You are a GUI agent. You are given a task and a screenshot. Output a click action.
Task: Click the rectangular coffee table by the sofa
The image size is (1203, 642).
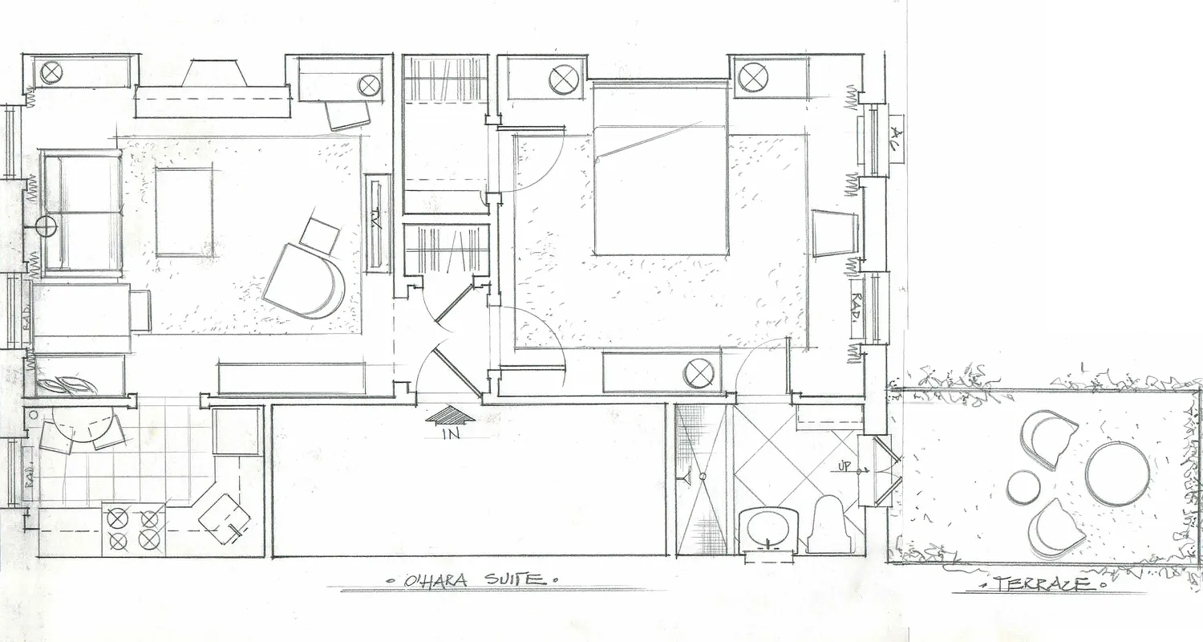[184, 212]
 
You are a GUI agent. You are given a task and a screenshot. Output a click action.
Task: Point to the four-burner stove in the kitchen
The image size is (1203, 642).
[134, 529]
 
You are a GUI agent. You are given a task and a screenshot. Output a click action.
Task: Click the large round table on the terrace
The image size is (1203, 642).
[1117, 473]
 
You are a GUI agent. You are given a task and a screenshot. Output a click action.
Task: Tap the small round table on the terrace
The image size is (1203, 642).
[1024, 486]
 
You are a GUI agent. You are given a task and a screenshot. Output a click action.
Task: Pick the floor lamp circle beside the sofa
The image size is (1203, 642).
[47, 227]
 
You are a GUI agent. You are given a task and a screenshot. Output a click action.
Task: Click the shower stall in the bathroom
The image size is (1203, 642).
[699, 480]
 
